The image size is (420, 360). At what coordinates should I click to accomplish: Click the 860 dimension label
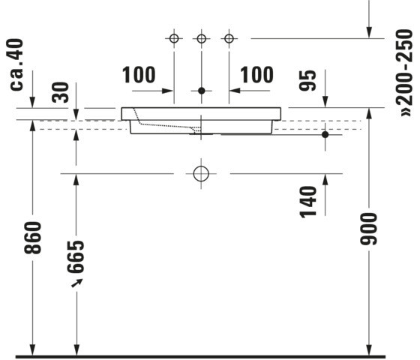click(x=33, y=238)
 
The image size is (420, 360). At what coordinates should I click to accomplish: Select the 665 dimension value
click(x=76, y=256)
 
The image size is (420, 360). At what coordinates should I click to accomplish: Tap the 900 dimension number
click(x=368, y=229)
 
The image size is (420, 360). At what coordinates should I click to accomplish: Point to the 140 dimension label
click(x=308, y=202)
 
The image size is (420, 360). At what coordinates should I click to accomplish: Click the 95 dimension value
click(x=307, y=81)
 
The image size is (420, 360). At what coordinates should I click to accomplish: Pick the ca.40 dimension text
click(x=16, y=64)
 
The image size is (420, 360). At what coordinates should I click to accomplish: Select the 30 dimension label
click(x=60, y=92)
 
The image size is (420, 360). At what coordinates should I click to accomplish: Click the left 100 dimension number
click(x=139, y=75)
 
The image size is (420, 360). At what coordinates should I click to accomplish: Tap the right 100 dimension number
click(x=256, y=75)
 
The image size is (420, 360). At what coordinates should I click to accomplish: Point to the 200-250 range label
click(x=405, y=72)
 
